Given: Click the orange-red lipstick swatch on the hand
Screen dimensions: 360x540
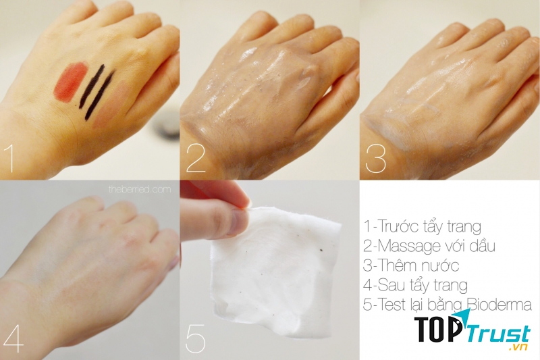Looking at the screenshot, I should pyautogui.click(x=70, y=81).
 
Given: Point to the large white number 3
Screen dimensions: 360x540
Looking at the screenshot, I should pyautogui.click(x=375, y=158).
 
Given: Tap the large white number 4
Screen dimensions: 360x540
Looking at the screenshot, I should pyautogui.click(x=13, y=338).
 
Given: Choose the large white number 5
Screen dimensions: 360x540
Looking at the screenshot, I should pyautogui.click(x=195, y=338).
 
